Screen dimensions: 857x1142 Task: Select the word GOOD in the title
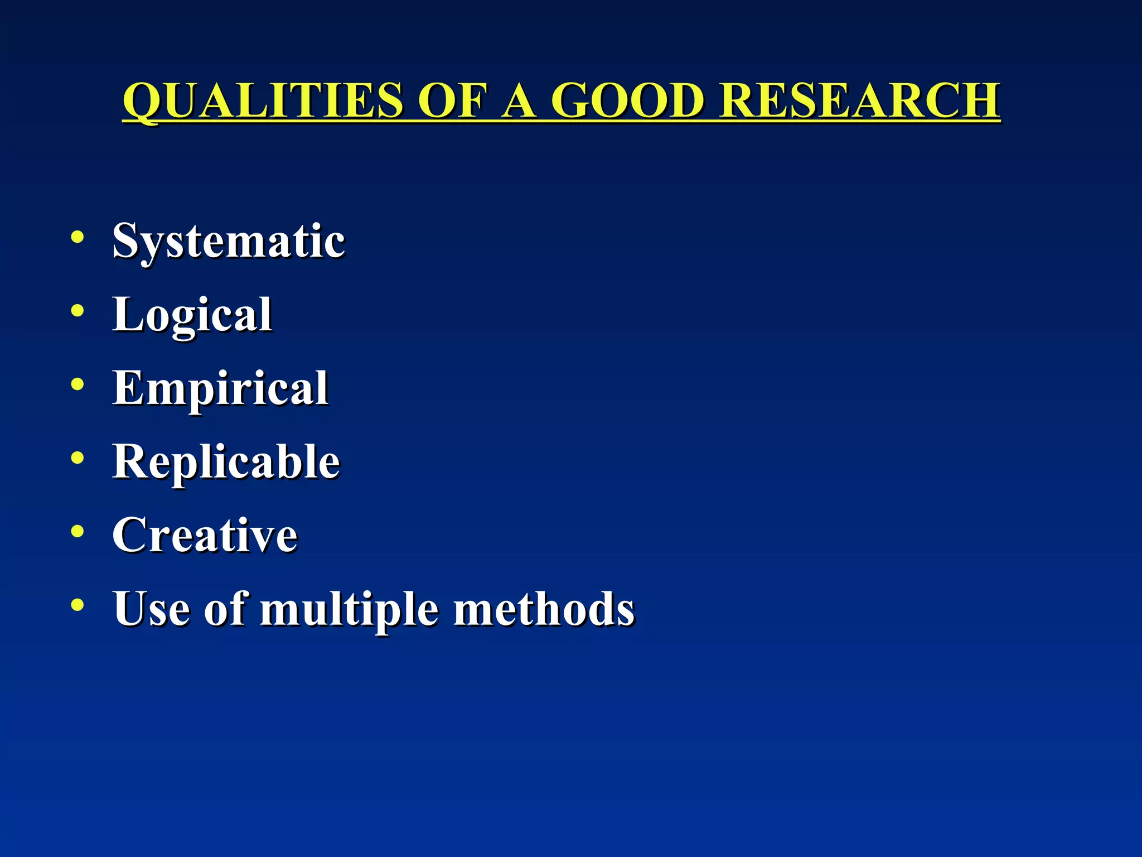click(627, 100)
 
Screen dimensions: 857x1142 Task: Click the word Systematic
click(229, 241)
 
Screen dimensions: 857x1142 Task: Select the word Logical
click(192, 315)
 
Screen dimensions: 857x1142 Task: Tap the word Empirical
click(220, 388)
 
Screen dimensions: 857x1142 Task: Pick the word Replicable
click(226, 462)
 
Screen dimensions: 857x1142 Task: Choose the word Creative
click(205, 535)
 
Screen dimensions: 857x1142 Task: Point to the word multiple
click(349, 610)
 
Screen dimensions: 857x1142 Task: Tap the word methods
click(544, 609)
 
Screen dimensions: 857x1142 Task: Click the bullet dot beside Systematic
click(78, 237)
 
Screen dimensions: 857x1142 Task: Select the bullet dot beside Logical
click(78, 311)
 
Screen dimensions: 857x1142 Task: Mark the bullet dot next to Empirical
click(78, 384)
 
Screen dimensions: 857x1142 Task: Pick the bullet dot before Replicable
click(78, 458)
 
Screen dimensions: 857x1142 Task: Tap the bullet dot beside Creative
click(78, 532)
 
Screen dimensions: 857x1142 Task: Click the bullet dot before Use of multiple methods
click(78, 605)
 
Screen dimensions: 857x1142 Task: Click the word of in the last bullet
click(225, 609)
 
